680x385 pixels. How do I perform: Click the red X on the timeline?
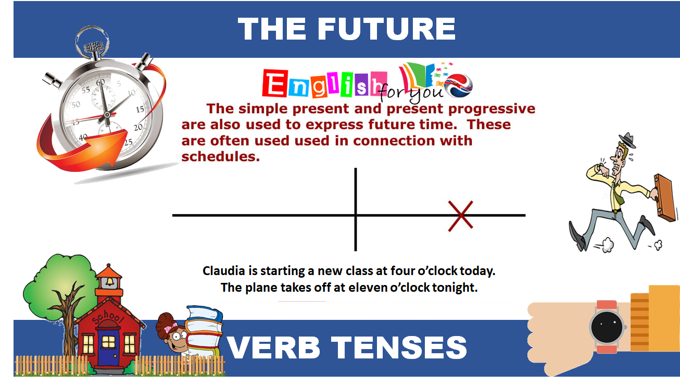pos(461,215)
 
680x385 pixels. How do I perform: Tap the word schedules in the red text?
pos(220,156)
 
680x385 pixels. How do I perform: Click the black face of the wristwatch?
pos(607,327)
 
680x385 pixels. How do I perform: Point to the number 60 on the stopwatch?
pos(100,82)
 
